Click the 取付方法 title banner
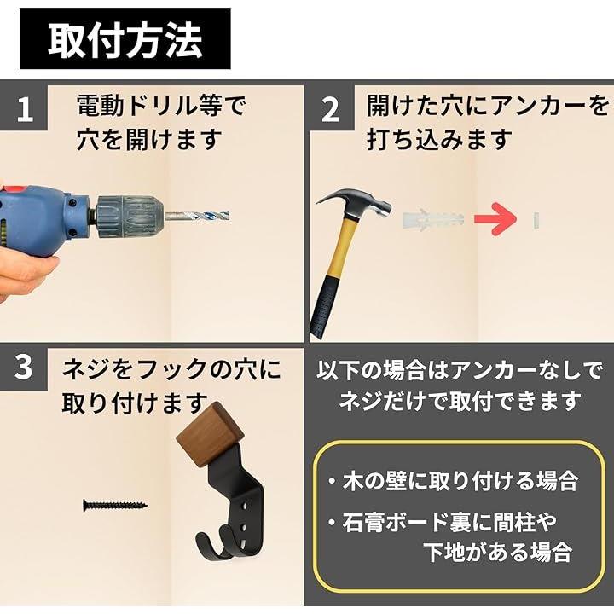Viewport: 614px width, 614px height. click(x=125, y=38)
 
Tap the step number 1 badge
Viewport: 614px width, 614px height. click(x=24, y=108)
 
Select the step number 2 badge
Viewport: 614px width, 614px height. click(x=331, y=108)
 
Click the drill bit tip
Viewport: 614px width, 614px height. click(x=229, y=217)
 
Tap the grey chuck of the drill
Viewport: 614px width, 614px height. click(x=130, y=217)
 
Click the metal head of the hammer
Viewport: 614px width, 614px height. click(x=355, y=205)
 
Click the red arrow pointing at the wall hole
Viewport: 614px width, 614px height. click(x=495, y=219)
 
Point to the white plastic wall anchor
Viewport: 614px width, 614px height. click(x=432, y=219)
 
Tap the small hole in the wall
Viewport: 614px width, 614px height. click(x=536, y=220)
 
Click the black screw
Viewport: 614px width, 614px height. click(x=115, y=505)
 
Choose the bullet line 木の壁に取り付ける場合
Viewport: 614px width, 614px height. click(x=454, y=481)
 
